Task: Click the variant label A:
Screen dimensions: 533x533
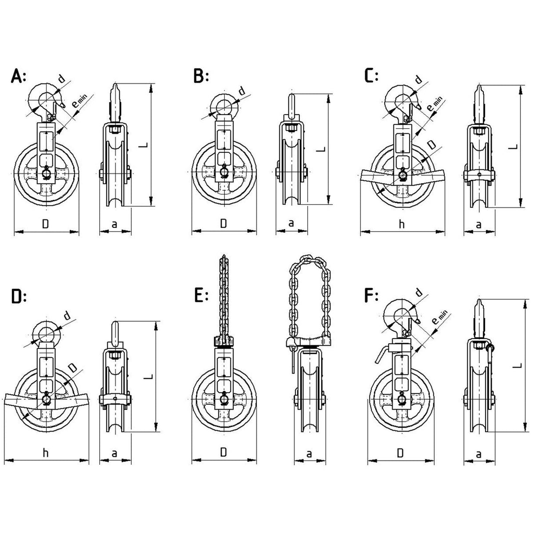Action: pos(18,76)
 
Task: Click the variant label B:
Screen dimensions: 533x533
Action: pos(201,76)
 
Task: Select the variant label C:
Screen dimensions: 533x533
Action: pos(371,76)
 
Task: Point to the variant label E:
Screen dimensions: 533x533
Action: pos(201,297)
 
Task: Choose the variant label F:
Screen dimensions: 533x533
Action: pos(371,297)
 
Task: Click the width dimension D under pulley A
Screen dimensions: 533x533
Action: pos(45,224)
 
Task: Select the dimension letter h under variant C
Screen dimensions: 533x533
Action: pos(401,224)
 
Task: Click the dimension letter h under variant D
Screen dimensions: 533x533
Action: pos(45,453)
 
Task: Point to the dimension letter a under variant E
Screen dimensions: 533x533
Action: pos(309,454)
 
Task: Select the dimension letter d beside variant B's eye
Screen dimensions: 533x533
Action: pos(242,91)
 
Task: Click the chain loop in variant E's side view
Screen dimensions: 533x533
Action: pos(309,299)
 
